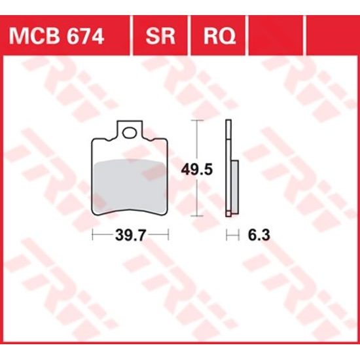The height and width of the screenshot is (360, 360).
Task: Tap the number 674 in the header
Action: [84, 35]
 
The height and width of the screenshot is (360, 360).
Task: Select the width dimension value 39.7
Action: [130, 234]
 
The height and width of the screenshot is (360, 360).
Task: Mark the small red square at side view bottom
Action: [228, 213]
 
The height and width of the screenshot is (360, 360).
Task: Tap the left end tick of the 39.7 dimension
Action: [92, 234]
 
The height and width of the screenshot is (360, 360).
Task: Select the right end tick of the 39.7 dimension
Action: [169, 234]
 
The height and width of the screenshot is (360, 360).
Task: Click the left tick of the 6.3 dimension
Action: [226, 234]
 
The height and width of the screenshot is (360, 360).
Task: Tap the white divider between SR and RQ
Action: [190, 35]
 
